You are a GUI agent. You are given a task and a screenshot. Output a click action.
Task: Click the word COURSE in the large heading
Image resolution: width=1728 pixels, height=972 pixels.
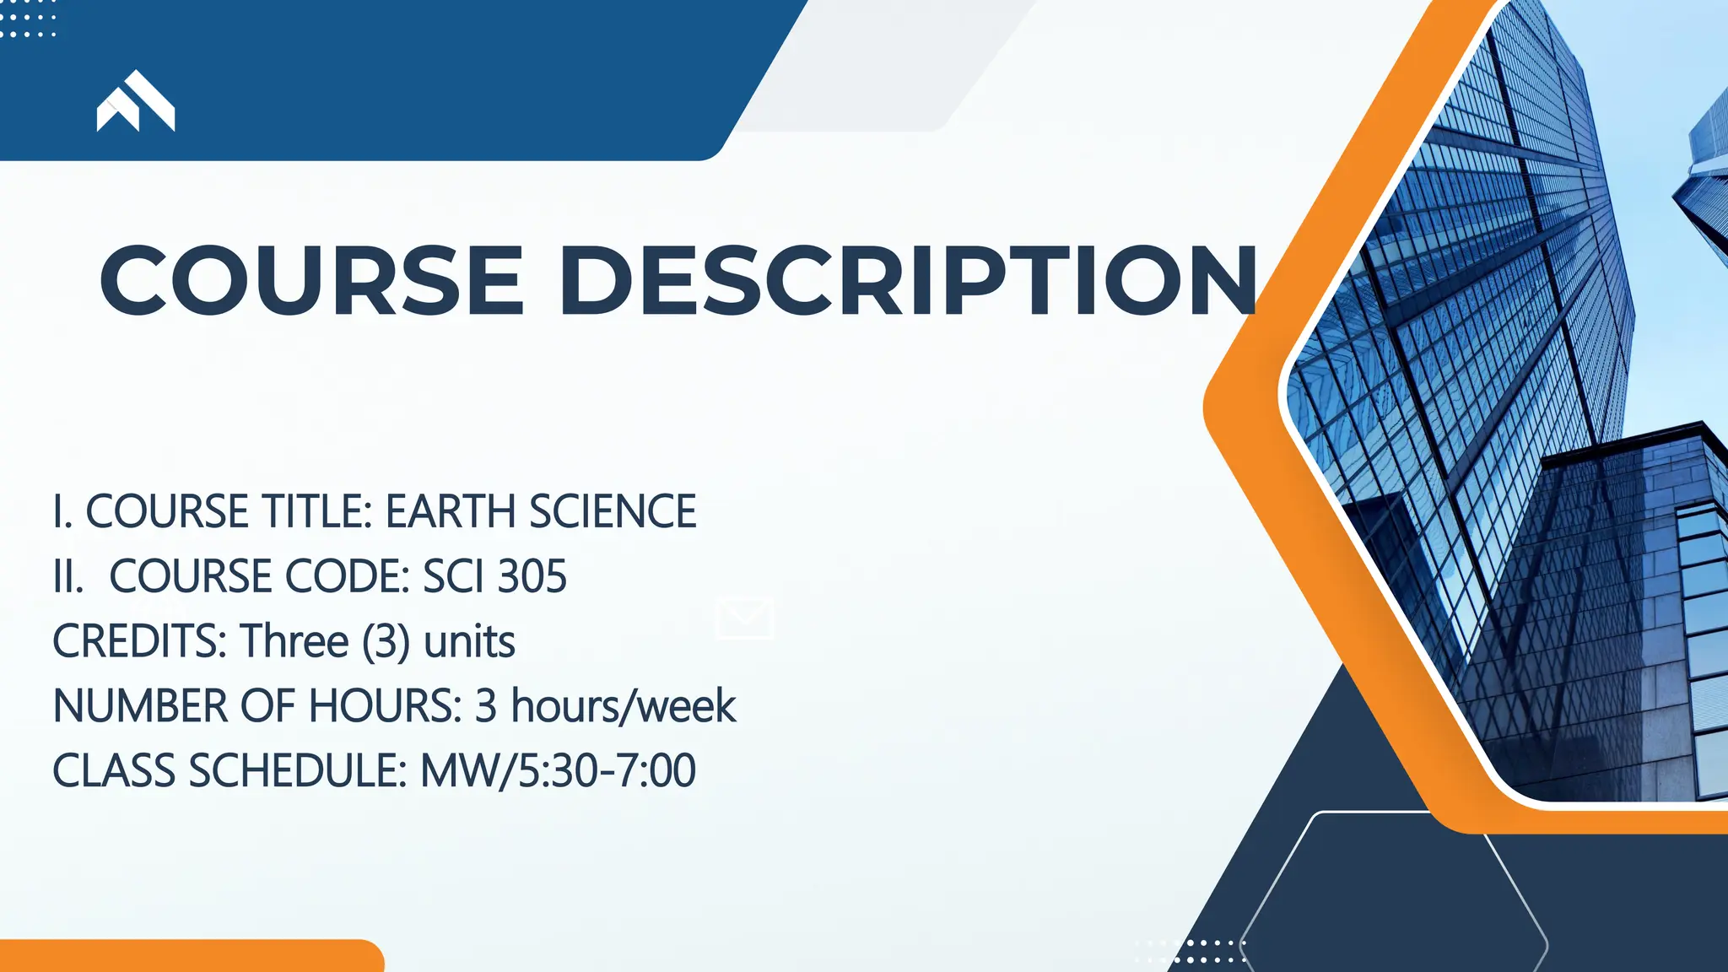tap(312, 280)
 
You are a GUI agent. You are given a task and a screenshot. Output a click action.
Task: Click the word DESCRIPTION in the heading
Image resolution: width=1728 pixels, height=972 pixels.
tap(907, 280)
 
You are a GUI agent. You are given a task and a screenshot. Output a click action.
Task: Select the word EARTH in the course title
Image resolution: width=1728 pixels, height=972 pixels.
tap(451, 511)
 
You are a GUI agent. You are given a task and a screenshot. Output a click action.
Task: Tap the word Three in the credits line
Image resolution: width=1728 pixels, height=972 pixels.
tap(294, 641)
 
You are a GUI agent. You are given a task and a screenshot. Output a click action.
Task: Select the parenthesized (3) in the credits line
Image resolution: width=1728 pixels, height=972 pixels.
tap(386, 641)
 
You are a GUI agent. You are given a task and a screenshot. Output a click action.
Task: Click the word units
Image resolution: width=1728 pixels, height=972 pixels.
tap(469, 641)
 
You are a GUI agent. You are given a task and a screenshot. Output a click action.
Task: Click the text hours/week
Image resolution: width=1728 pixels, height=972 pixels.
tap(624, 706)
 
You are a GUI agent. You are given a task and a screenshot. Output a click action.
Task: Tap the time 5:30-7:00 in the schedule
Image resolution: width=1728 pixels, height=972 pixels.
tap(607, 771)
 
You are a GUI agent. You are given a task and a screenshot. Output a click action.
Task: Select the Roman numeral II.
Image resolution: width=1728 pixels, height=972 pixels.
tap(67, 576)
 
